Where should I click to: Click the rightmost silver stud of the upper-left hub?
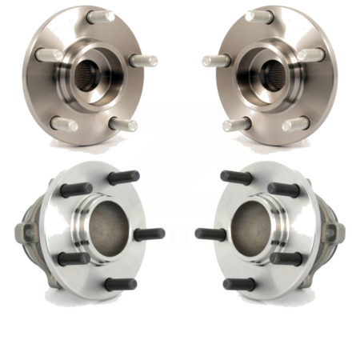(x=144, y=61)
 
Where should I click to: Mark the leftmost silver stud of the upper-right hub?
(x=216, y=61)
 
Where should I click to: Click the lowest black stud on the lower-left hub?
(x=119, y=284)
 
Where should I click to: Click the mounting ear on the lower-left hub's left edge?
(x=22, y=232)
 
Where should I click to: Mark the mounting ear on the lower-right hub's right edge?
(x=338, y=232)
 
